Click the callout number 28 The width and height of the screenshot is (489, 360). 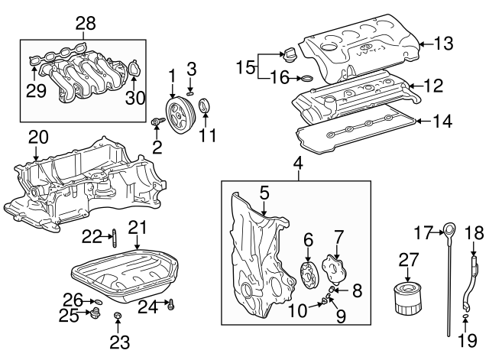[x=83, y=24]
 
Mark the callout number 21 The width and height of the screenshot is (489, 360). [x=137, y=227]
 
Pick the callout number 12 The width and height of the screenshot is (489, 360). [x=432, y=86]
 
